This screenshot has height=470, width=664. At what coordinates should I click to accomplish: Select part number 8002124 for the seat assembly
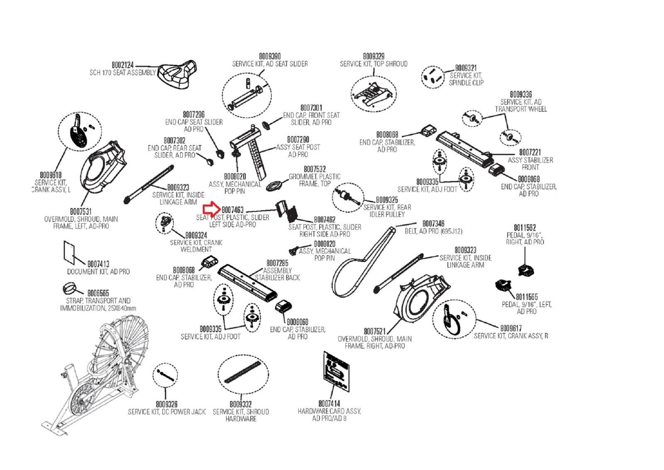(x=123, y=65)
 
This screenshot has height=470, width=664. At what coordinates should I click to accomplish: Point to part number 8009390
(x=270, y=56)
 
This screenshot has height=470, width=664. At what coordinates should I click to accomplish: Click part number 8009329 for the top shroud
(x=373, y=56)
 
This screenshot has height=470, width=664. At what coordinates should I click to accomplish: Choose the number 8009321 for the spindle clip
(x=466, y=68)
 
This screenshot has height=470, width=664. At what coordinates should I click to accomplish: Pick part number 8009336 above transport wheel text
(x=521, y=95)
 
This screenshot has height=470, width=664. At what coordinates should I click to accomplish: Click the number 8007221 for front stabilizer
(x=530, y=153)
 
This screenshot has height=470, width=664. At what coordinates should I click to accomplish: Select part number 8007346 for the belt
(x=433, y=224)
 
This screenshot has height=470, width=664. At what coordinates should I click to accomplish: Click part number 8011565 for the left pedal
(x=527, y=297)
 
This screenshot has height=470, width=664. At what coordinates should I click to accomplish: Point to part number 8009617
(x=511, y=328)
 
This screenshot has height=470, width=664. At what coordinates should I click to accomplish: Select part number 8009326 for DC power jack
(x=166, y=404)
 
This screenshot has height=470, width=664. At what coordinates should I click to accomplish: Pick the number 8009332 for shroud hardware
(x=241, y=404)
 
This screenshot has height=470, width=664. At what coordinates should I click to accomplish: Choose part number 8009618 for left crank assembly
(x=51, y=175)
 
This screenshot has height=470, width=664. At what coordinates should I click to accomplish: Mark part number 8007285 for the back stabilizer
(x=277, y=263)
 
